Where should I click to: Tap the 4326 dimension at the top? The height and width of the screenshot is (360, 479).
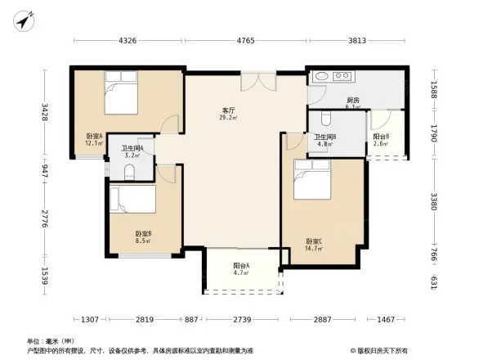[128, 38]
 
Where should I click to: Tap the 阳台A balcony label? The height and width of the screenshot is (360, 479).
[241, 269]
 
